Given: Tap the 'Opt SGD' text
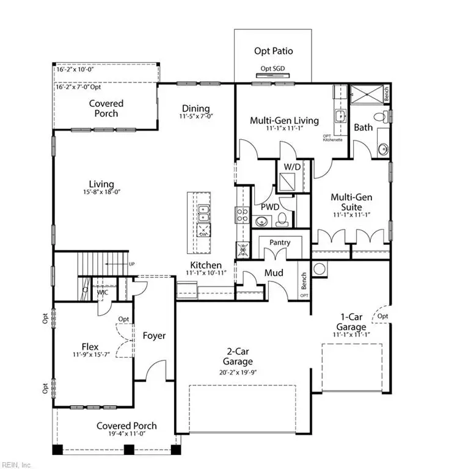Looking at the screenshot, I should [x=272, y=68].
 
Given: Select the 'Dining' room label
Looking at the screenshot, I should [x=195, y=109].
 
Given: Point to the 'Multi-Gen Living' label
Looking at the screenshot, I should [x=284, y=120].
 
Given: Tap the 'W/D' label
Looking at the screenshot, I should [x=292, y=166].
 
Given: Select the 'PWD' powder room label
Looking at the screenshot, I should [x=270, y=207].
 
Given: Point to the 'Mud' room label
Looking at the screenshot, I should [x=274, y=272].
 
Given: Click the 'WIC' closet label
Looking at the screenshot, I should [x=103, y=293].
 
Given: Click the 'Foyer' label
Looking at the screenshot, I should [x=154, y=336].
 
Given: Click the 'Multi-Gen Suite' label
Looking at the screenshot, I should [x=351, y=202].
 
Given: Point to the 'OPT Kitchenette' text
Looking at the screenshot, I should [x=332, y=137].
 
